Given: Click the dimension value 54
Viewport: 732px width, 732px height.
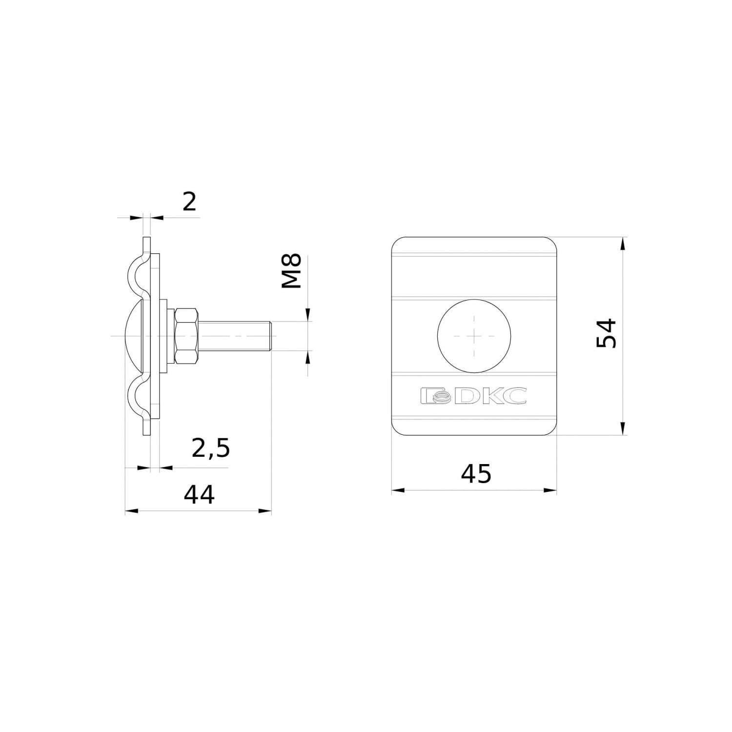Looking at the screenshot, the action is pyautogui.click(x=607, y=333).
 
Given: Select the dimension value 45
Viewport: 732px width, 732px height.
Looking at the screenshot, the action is pyautogui.click(x=476, y=473).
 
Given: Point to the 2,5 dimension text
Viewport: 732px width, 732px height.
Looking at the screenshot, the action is pyautogui.click(x=210, y=448).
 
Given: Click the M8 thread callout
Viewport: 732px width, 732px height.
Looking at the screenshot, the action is pyautogui.click(x=293, y=271).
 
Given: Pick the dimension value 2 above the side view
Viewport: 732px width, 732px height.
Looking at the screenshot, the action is pyautogui.click(x=189, y=201).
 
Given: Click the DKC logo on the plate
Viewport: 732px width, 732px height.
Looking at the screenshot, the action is pyautogui.click(x=473, y=396).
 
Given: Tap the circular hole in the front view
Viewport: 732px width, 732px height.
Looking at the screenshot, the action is pyautogui.click(x=474, y=336).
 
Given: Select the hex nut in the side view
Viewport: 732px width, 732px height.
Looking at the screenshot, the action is pyautogui.click(x=187, y=336).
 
